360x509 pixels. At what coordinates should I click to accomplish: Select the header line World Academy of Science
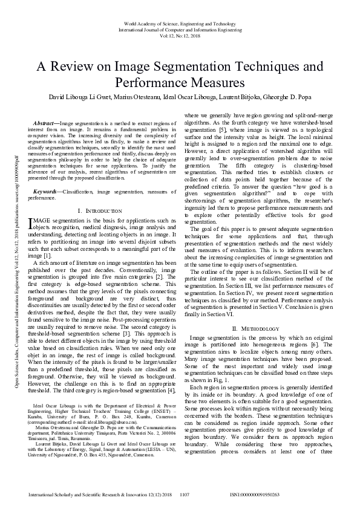click(x=180, y=22)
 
